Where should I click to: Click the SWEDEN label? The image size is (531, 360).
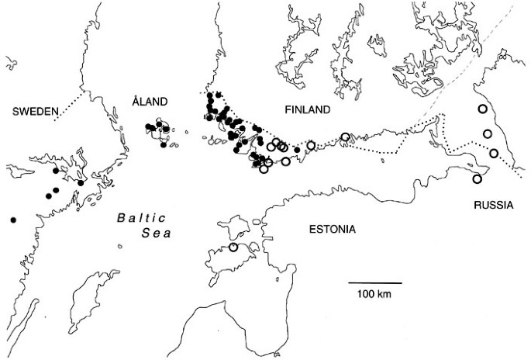pyautogui.click(x=33, y=113)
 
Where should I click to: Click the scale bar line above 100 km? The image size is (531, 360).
pyautogui.click(x=374, y=282)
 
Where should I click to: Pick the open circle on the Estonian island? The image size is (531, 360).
pyautogui.click(x=233, y=247)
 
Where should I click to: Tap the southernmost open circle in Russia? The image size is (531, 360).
pyautogui.click(x=478, y=179)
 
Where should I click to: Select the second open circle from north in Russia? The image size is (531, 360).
pyautogui.click(x=488, y=134)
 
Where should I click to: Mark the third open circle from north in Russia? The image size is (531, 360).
pyautogui.click(x=493, y=153)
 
